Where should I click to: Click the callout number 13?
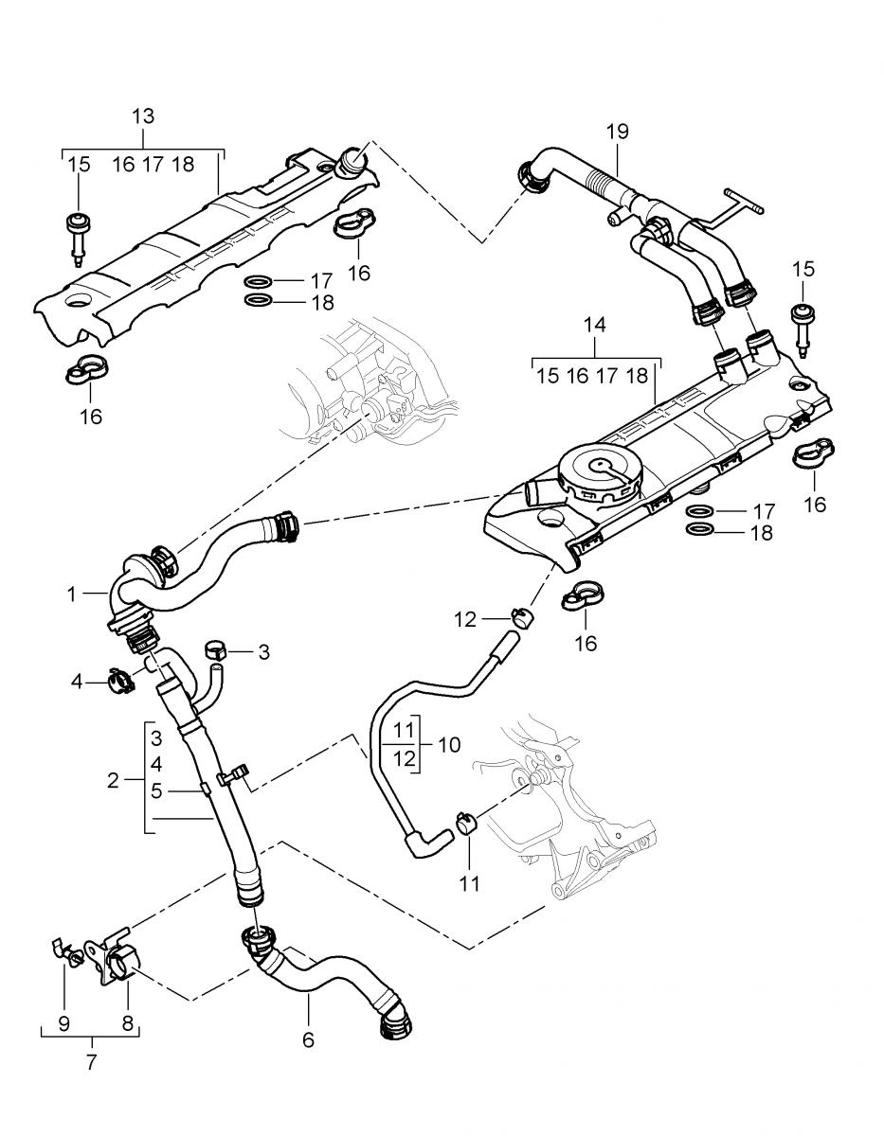pos(142,116)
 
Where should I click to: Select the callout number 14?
pos(594,325)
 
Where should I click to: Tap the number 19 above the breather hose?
pos(617,132)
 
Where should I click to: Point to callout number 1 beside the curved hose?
pos(71,595)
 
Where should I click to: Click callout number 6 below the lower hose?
pos(308,1038)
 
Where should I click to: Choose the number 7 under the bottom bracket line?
pos(91,1062)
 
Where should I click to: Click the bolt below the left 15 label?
pos(78,234)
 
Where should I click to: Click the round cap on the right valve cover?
pos(599,470)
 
